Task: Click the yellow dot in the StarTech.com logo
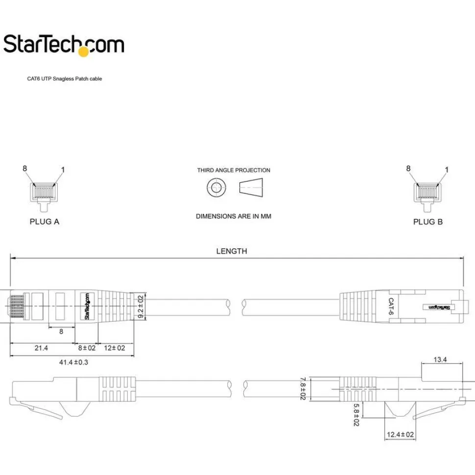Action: pos(83,52)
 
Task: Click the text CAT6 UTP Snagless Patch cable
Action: pos(65,79)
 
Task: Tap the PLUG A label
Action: pos(44,222)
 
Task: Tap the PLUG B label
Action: pos(427,222)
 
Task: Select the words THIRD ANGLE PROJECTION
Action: pos(234,170)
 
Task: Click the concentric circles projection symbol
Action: pos(216,188)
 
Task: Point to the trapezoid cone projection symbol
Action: pos(251,188)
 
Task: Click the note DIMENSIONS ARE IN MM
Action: pos(234,216)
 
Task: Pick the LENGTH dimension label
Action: pos(232,251)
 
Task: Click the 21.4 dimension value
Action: pos(41,348)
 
